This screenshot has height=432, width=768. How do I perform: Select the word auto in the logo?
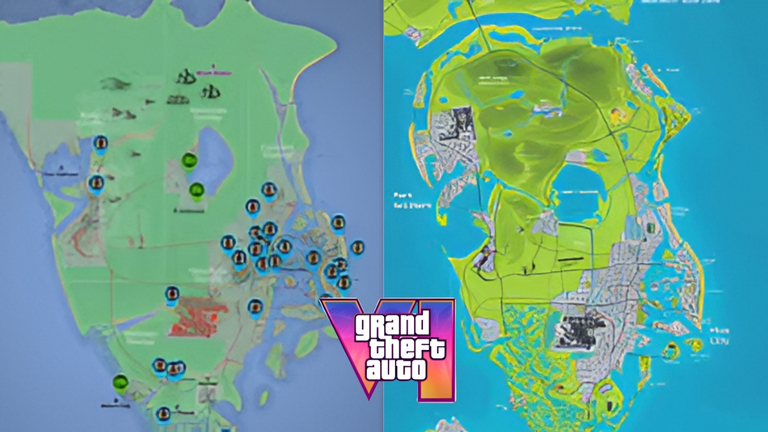click(x=396, y=369)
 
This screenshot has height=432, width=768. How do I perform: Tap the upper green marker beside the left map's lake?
click(x=189, y=161)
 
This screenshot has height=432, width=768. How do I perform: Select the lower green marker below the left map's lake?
click(x=197, y=190)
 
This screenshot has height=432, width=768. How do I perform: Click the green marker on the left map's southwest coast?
click(x=120, y=382)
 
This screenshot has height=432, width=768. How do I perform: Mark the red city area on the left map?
click(x=198, y=317)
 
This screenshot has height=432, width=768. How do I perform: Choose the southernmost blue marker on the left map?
click(x=163, y=414)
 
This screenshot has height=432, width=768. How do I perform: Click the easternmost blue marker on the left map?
click(x=357, y=247)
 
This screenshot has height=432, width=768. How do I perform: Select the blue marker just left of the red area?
click(x=172, y=294)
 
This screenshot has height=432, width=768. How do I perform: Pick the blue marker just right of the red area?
click(x=255, y=307)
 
